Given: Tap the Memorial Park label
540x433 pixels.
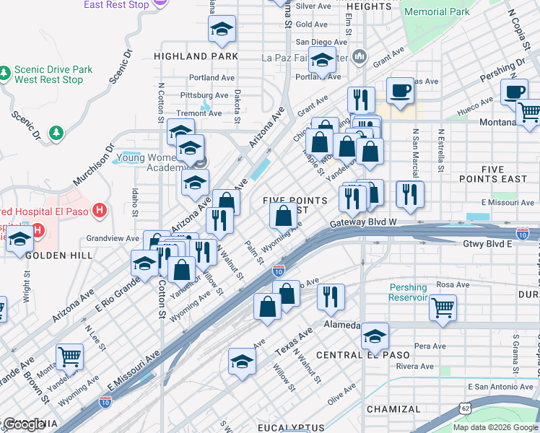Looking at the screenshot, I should click(437, 12).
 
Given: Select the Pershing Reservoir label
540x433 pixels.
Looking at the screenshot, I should click(409, 292).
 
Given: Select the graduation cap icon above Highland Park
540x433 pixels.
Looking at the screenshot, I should click(222, 29).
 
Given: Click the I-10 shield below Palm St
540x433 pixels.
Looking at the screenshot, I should click(279, 271).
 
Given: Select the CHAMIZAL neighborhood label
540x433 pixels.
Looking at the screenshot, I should click(393, 409).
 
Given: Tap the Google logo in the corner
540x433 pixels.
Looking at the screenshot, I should click(24, 424).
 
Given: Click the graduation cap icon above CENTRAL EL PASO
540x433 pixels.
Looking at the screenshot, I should click(375, 336).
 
